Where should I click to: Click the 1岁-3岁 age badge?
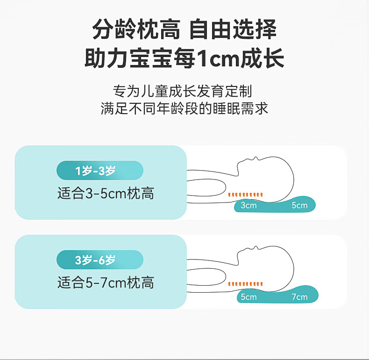coord(100,170)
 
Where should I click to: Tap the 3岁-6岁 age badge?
coord(100,259)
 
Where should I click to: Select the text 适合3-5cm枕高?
coord(106,194)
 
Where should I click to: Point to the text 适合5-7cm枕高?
coord(106,282)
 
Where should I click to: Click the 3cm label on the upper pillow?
coord(248,205)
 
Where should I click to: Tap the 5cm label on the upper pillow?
coord(299,205)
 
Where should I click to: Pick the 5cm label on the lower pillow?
coord(248,297)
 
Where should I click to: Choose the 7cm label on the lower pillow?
coord(299,297)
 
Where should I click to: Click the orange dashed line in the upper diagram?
coord(245,194)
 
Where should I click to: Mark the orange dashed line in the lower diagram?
coord(245,284)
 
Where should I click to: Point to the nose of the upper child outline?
coord(256,158)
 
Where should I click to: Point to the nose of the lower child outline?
coord(256,247)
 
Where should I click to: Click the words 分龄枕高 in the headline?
coord(136,29)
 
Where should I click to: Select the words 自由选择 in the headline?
coord(233,29)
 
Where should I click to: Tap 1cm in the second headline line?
coord(218,58)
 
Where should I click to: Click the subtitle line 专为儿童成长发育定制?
coord(182,91)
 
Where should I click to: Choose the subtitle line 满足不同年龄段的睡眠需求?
coord(184,108)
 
